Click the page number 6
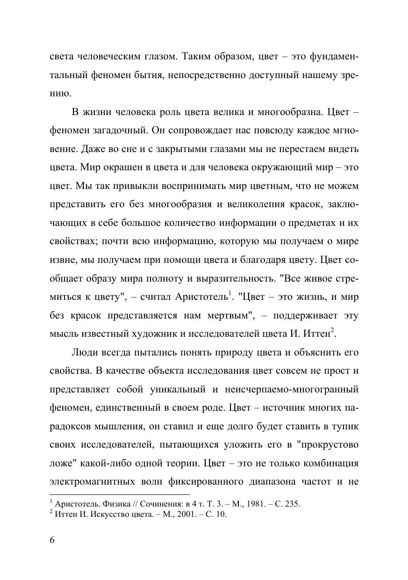[52, 540]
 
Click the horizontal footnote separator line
[119, 494]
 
